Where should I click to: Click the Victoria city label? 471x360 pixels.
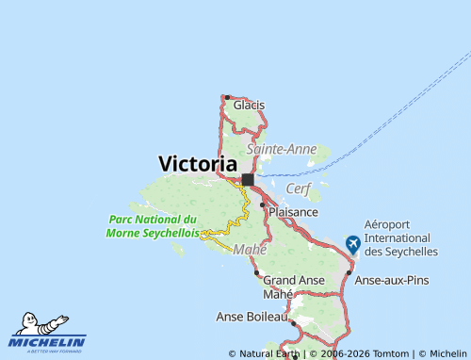[198, 163]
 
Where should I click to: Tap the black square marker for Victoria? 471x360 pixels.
[248, 179]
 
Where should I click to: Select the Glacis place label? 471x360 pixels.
[249, 105]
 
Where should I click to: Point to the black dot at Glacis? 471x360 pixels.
[227, 97]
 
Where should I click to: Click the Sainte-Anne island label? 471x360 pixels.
[281, 148]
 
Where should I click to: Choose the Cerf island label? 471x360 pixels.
[298, 188]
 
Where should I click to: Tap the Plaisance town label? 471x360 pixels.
[293, 212]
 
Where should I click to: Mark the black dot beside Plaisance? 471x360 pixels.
[263, 204]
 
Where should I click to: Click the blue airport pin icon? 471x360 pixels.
[353, 243]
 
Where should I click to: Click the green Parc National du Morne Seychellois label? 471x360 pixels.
[152, 226]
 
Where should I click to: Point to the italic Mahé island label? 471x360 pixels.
[250, 249]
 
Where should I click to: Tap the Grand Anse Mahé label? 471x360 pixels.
[294, 286]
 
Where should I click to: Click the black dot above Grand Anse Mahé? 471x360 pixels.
[256, 272]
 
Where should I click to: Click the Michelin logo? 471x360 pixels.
[48, 333]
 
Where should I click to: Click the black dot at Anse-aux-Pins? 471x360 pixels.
[349, 272]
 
